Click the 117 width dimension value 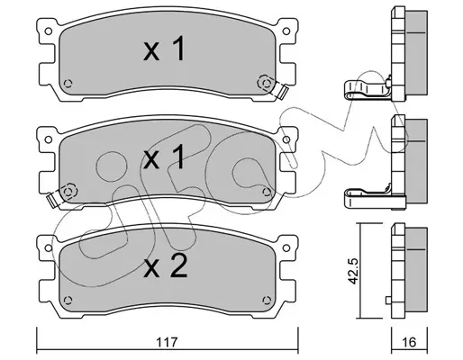(167, 342)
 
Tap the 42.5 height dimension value (354, 272)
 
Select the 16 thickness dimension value (409, 342)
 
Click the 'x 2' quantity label (166, 265)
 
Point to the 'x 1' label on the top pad (164, 49)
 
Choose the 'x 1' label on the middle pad (164, 157)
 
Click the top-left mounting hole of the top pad (48, 31)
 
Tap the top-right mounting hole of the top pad (286, 31)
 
